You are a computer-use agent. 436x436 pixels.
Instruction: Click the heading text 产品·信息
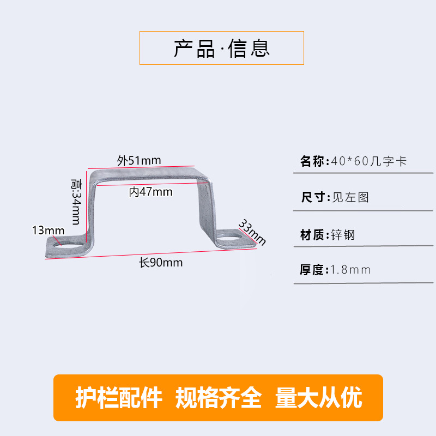[x=222, y=48]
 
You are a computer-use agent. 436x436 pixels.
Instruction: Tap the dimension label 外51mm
[x=139, y=160]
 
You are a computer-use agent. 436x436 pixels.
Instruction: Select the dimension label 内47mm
[x=151, y=192]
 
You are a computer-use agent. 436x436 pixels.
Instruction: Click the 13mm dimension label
[x=48, y=230]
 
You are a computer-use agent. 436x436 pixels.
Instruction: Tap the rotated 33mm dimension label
[x=252, y=233]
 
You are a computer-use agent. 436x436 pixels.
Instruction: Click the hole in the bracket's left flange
[x=69, y=243]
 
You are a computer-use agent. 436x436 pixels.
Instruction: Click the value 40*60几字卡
[x=368, y=161]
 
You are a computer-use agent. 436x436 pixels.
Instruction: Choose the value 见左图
[x=350, y=197]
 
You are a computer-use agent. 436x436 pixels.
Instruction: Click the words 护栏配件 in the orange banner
[x=118, y=398]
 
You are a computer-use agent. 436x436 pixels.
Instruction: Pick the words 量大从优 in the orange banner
[x=319, y=398]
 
